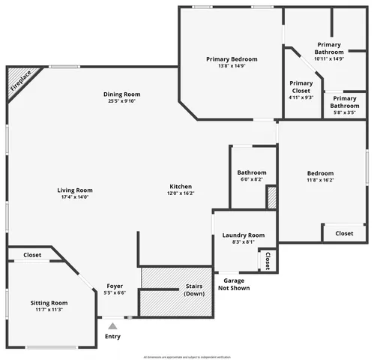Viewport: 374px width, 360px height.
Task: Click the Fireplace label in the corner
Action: point(22,81)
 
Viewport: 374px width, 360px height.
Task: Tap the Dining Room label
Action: point(122,94)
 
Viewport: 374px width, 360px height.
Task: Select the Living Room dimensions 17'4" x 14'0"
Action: point(75,197)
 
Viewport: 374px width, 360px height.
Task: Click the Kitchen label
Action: point(181,186)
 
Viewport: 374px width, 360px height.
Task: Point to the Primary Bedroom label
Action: point(232,59)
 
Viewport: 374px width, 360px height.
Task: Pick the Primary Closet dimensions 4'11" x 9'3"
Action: point(301,97)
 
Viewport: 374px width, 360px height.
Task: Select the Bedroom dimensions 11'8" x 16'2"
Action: point(319,180)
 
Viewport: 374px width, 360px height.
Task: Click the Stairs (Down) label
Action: point(194,289)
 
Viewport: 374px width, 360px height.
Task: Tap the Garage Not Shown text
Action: point(233,283)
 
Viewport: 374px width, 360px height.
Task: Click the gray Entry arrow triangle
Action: point(112,325)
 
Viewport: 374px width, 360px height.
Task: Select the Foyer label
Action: point(115,286)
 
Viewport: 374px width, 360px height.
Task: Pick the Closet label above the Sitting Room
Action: point(32,255)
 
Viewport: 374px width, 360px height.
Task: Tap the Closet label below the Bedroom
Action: point(344,233)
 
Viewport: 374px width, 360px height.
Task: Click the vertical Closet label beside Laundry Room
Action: point(268,259)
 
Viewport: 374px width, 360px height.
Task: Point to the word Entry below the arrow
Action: point(112,337)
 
